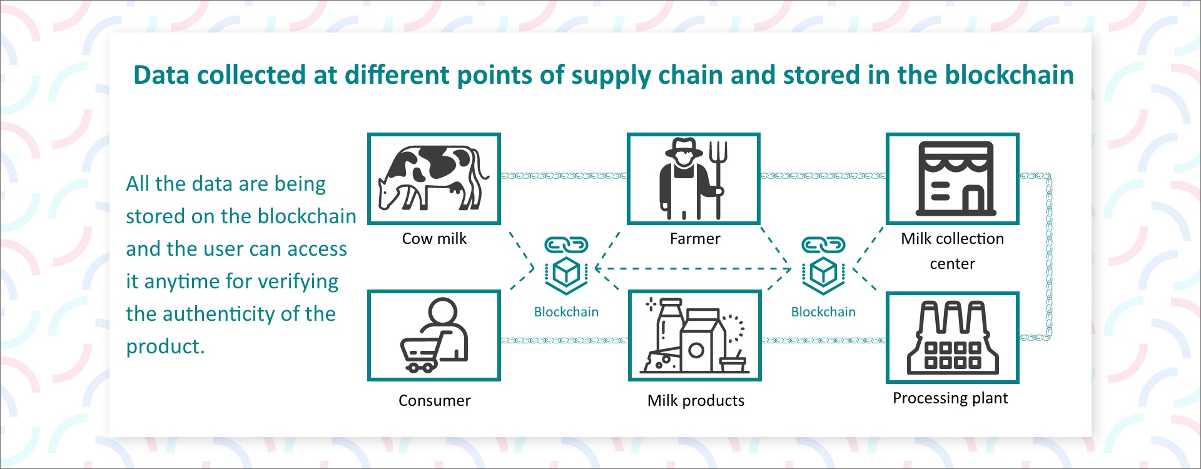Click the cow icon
coord(433,178)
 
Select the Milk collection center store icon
coord(955,179)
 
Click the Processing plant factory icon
coord(953,337)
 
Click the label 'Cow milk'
coord(434,238)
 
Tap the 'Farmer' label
coord(695,238)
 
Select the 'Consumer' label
coord(434,400)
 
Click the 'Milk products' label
coord(696,400)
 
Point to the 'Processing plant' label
coord(950,398)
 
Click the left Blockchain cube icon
coord(566,273)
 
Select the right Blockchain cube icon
coord(823,273)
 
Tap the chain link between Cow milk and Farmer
coord(564,176)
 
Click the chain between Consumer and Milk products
coord(564,341)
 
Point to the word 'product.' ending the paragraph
coord(165,346)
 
